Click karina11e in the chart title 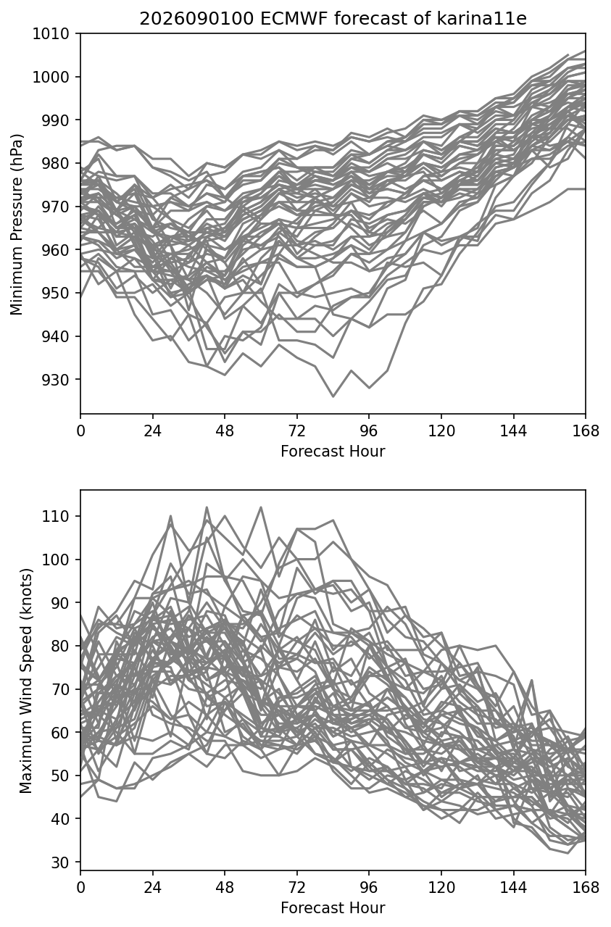coord(481,19)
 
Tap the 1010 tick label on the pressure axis coord(51,33)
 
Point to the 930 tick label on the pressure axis coord(56,380)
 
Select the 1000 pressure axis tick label coord(51,77)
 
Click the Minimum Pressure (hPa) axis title coord(17,224)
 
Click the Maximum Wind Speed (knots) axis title coord(25,681)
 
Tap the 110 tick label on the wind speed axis coord(56,516)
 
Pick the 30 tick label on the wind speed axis coord(60,862)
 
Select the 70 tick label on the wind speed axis coord(60,689)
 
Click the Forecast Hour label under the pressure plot coord(333,451)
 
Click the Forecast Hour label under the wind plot coord(333,908)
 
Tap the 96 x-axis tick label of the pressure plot coord(369,431)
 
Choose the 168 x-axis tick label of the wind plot coord(586,888)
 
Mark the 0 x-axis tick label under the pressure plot coord(80,431)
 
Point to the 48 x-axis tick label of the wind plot coord(225,888)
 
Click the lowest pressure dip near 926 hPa coord(333,396)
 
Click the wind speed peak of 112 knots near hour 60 coord(261,507)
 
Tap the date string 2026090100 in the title coord(196,19)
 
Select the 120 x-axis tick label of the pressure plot coord(441,431)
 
